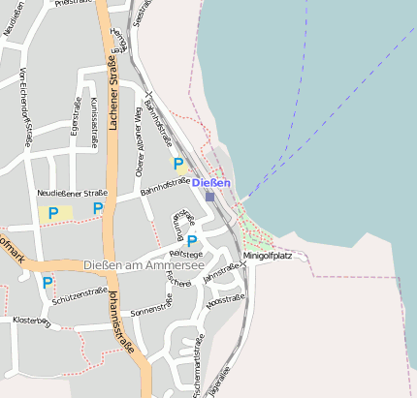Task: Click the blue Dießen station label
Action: [x=211, y=183]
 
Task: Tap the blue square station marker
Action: [x=209, y=196]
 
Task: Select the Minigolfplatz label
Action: [x=267, y=256]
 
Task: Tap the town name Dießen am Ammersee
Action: [x=143, y=265]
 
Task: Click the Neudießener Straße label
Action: [x=72, y=194]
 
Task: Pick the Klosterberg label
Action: [x=30, y=319]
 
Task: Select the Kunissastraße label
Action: [x=93, y=122]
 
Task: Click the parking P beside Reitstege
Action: [x=192, y=240]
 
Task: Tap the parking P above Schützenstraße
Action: [x=48, y=283]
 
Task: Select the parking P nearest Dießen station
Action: [x=177, y=165]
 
